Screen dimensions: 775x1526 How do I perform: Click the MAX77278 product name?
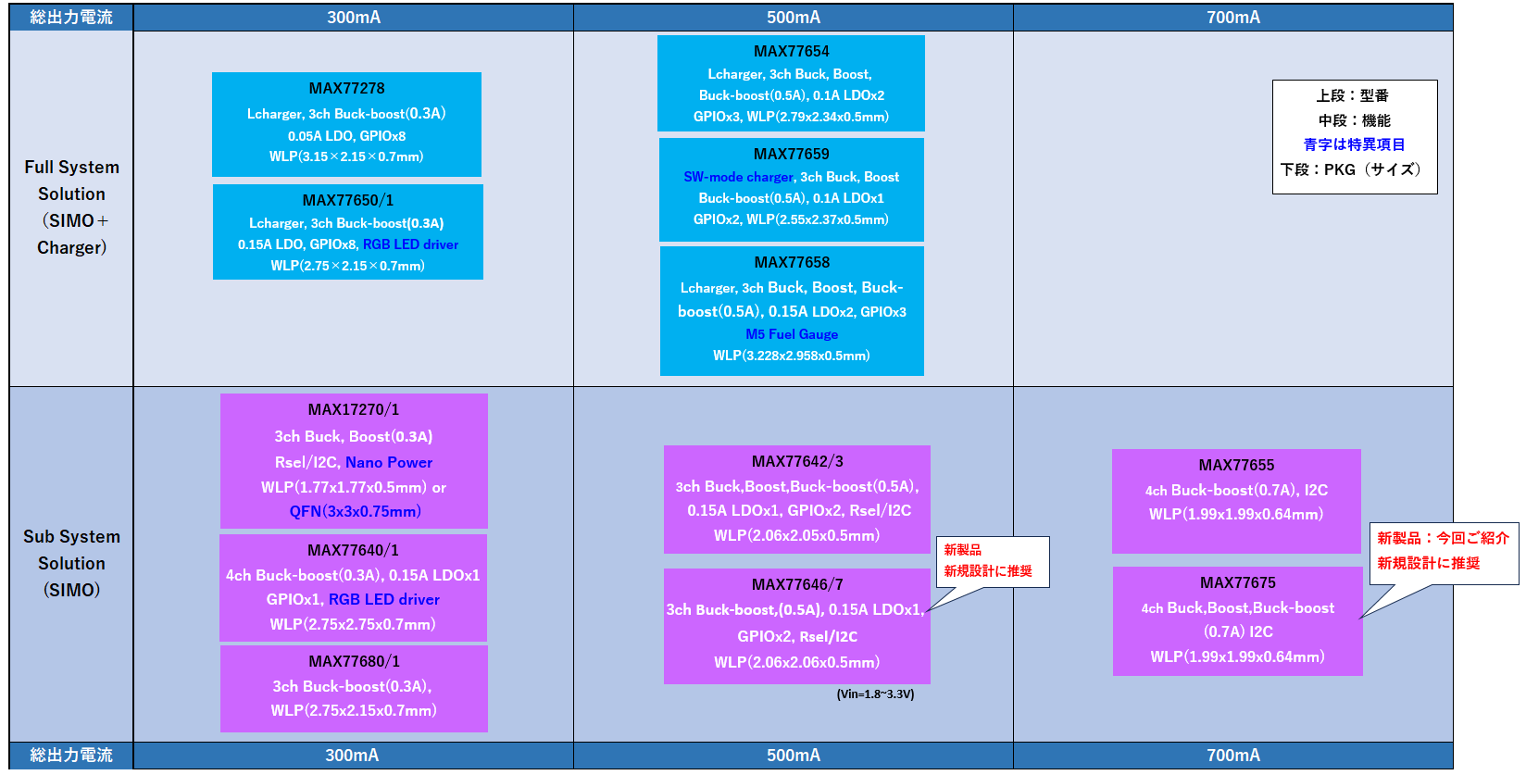point(346,88)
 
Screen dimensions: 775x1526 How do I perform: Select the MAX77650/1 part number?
point(347,200)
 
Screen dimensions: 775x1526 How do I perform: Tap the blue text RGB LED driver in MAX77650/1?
point(410,244)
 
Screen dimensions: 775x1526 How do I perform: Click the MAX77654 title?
point(791,51)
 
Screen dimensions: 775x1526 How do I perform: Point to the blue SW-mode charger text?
point(738,177)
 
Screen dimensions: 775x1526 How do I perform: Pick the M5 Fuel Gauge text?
point(792,334)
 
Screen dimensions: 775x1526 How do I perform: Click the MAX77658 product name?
point(792,262)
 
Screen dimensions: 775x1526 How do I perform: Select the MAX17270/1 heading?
point(353,409)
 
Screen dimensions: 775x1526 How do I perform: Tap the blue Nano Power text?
point(389,462)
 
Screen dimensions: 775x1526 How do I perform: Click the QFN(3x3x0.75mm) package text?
point(355,511)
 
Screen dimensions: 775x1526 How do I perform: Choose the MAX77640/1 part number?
point(353,550)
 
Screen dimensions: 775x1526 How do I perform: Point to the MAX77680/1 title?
point(354,661)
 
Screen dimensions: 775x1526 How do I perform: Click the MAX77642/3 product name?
point(797,461)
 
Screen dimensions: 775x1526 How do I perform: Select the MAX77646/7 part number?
point(797,584)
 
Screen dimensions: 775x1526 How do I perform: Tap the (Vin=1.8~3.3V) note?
point(875,694)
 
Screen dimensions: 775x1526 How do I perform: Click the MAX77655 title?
point(1236,465)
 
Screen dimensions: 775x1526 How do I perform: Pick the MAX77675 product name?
point(1237,582)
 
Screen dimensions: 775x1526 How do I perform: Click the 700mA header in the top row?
point(1232,18)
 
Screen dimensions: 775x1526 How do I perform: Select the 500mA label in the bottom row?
point(793,756)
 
